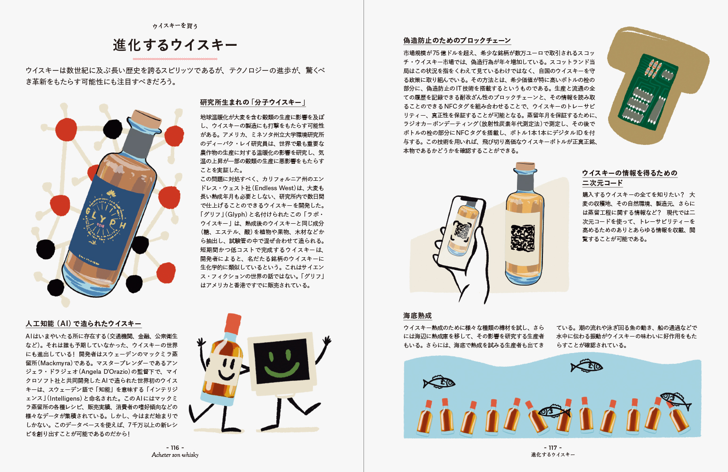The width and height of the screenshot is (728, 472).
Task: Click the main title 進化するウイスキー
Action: click(x=175, y=45)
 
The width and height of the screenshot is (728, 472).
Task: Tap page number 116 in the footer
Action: click(x=175, y=447)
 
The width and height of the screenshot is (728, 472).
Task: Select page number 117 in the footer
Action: click(x=552, y=447)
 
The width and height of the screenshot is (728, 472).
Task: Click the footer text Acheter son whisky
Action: click(x=175, y=455)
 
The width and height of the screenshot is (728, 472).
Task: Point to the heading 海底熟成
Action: click(x=418, y=315)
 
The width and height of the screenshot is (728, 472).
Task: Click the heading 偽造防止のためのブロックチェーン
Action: click(x=457, y=40)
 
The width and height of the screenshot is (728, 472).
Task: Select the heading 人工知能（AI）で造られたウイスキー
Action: click(x=84, y=323)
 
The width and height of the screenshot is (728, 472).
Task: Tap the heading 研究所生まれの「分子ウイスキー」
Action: click(x=253, y=102)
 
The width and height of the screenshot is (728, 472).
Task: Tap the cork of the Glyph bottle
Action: click(x=147, y=119)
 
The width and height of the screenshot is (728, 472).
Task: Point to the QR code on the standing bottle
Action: click(x=522, y=237)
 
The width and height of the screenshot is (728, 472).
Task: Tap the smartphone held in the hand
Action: click(x=462, y=233)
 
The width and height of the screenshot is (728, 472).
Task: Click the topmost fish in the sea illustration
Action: click(x=587, y=366)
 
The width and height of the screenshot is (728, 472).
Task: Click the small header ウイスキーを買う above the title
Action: click(x=175, y=26)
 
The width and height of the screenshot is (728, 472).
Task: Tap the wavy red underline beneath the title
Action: click(x=175, y=59)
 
